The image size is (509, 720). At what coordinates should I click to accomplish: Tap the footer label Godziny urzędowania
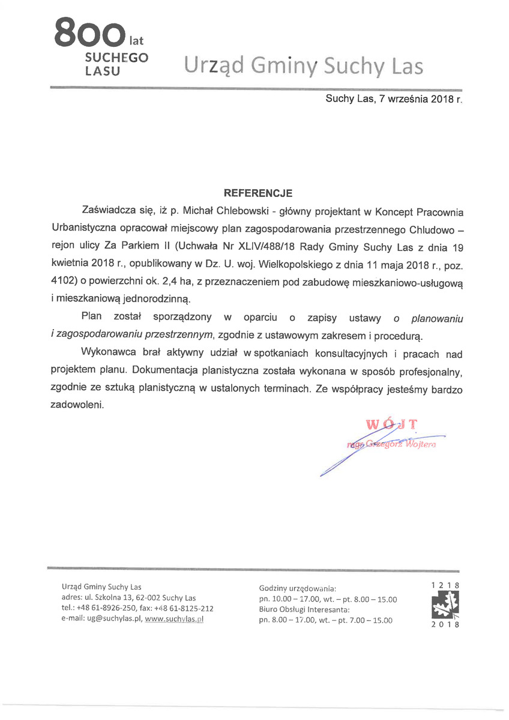tap(298, 587)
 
